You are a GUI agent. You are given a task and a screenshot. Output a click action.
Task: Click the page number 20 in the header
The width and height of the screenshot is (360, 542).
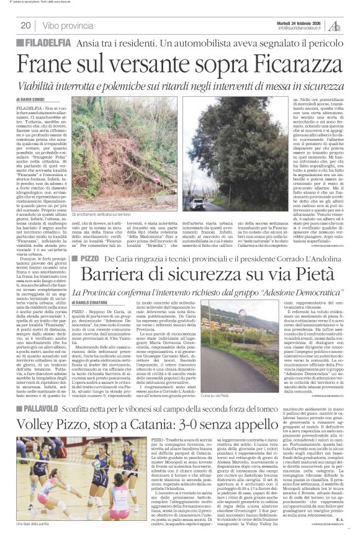click(25, 25)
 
